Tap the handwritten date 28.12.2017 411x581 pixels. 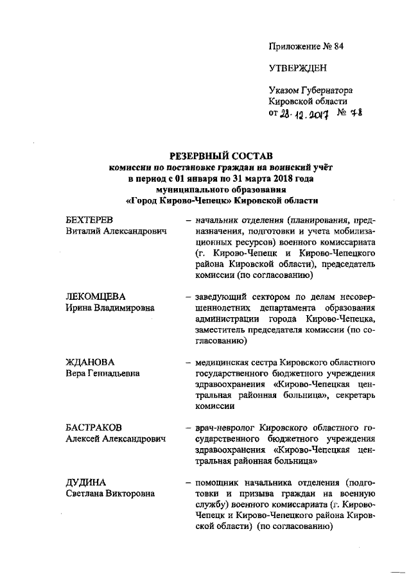305,113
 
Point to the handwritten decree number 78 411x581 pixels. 353,112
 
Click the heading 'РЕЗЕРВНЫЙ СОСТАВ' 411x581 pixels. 221,156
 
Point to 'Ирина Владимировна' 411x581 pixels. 110,308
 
